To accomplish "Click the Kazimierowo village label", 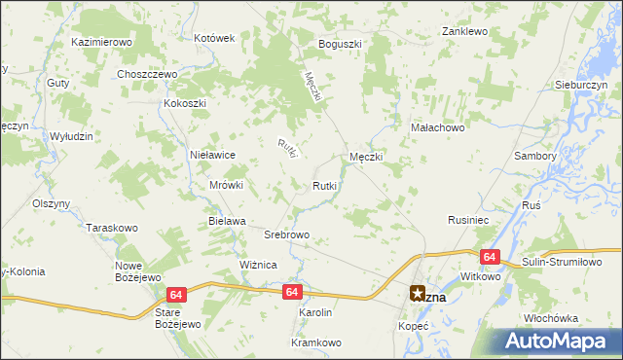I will pyautogui.click(x=101, y=43).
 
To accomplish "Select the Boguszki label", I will pyautogui.click(x=340, y=44).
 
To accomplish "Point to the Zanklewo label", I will pyautogui.click(x=463, y=31).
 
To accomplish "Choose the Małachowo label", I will pyautogui.click(x=438, y=126).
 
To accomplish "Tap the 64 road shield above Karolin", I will pyautogui.click(x=293, y=291).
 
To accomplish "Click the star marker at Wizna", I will pyautogui.click(x=417, y=293).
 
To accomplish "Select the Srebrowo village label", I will pyautogui.click(x=287, y=234).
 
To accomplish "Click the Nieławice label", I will pyautogui.click(x=213, y=154).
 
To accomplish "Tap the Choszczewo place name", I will pyautogui.click(x=145, y=74).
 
